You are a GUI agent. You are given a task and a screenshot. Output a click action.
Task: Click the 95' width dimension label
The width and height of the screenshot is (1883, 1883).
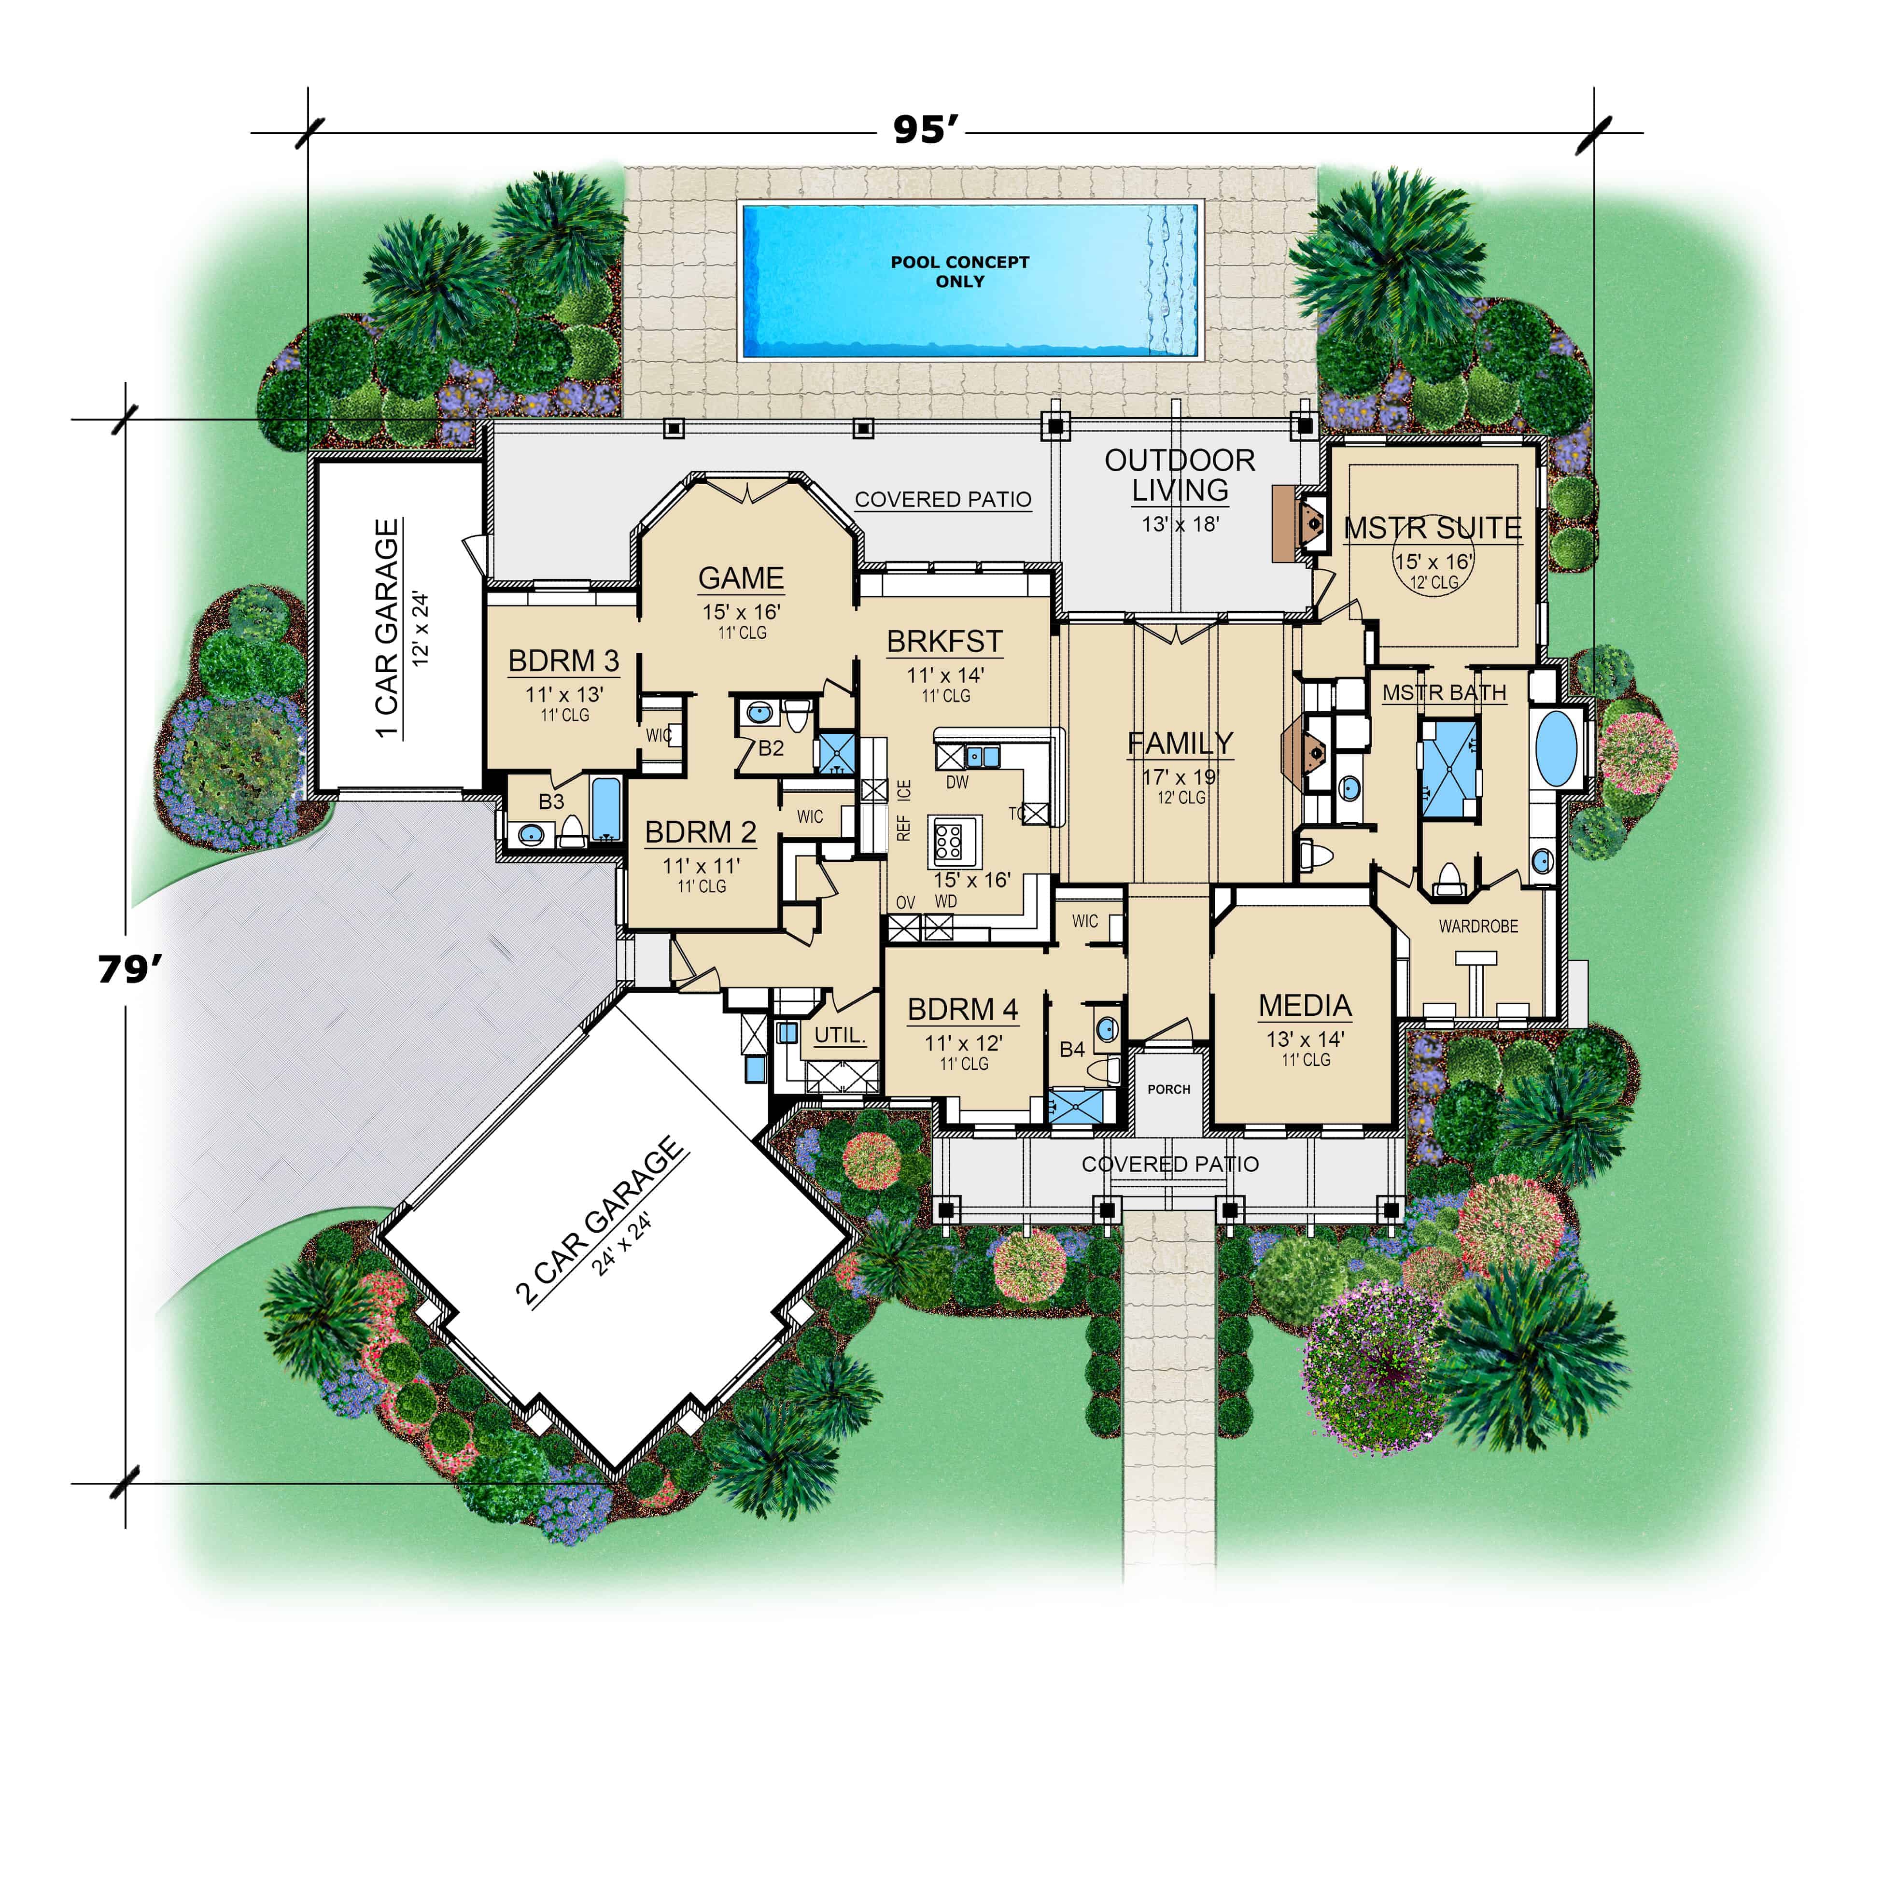926,129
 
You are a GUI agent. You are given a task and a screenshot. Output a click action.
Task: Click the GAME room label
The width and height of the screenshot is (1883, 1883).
741,578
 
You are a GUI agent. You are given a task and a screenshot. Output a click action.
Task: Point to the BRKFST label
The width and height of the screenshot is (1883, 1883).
943,641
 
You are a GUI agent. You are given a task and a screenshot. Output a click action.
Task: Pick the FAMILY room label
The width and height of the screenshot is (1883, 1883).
1180,744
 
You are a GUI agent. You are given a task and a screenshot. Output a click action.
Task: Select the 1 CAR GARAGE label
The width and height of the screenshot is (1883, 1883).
387,629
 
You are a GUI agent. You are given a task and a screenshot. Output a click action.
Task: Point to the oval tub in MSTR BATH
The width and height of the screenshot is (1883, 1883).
1557,748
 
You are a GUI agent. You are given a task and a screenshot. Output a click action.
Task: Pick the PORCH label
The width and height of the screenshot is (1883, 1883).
1168,1089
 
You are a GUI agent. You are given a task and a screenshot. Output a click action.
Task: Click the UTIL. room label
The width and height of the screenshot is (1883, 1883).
839,1035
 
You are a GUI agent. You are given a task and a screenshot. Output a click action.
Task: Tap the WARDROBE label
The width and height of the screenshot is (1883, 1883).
1477,926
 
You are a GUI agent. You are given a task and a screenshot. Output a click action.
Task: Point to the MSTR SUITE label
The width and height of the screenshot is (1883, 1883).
1432,528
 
